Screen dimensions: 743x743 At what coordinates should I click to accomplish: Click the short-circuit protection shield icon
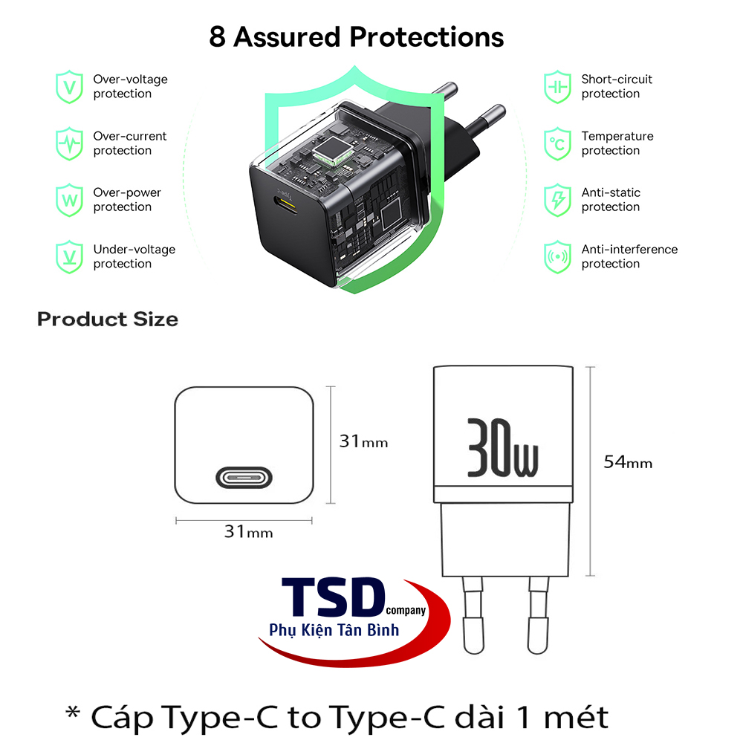coord(557,87)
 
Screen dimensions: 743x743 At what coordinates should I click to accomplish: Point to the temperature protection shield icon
coord(557,143)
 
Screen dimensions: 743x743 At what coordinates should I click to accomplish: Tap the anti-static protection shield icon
coord(557,200)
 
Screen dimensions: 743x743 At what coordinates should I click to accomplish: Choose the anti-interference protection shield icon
coord(557,256)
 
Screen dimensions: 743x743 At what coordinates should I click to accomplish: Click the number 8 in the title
coord(217,37)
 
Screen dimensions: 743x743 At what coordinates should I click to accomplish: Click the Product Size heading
coord(108,319)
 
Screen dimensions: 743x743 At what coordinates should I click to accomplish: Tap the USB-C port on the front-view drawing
coord(244,477)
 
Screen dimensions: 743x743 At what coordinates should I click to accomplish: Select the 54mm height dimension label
coord(628,462)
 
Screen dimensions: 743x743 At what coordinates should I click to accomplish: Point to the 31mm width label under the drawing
coord(248,532)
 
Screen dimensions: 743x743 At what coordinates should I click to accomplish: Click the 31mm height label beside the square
coord(363,441)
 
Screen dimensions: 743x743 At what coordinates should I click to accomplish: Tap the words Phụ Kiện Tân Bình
coord(334,630)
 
